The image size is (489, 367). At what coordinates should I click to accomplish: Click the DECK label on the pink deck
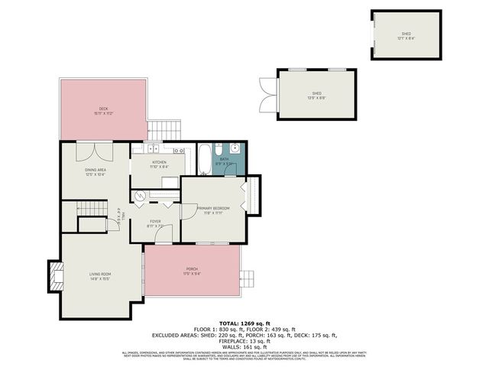pyautogui.click(x=103, y=111)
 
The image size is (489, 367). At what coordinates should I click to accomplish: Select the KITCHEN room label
pyautogui.click(x=159, y=164)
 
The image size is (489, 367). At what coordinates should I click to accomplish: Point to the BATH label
pyautogui.click(x=225, y=161)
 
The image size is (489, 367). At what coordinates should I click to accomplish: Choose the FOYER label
pyautogui.click(x=155, y=223)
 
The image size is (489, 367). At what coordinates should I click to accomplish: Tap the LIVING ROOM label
pyautogui.click(x=100, y=276)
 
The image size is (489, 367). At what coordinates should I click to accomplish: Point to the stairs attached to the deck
pyautogui.click(x=166, y=129)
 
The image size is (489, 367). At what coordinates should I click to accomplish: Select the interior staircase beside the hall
pyautogui.click(x=90, y=209)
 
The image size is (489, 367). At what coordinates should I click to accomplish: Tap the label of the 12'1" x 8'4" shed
pyautogui.click(x=406, y=35)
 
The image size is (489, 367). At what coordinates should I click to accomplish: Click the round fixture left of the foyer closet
pyautogui.click(x=139, y=196)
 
